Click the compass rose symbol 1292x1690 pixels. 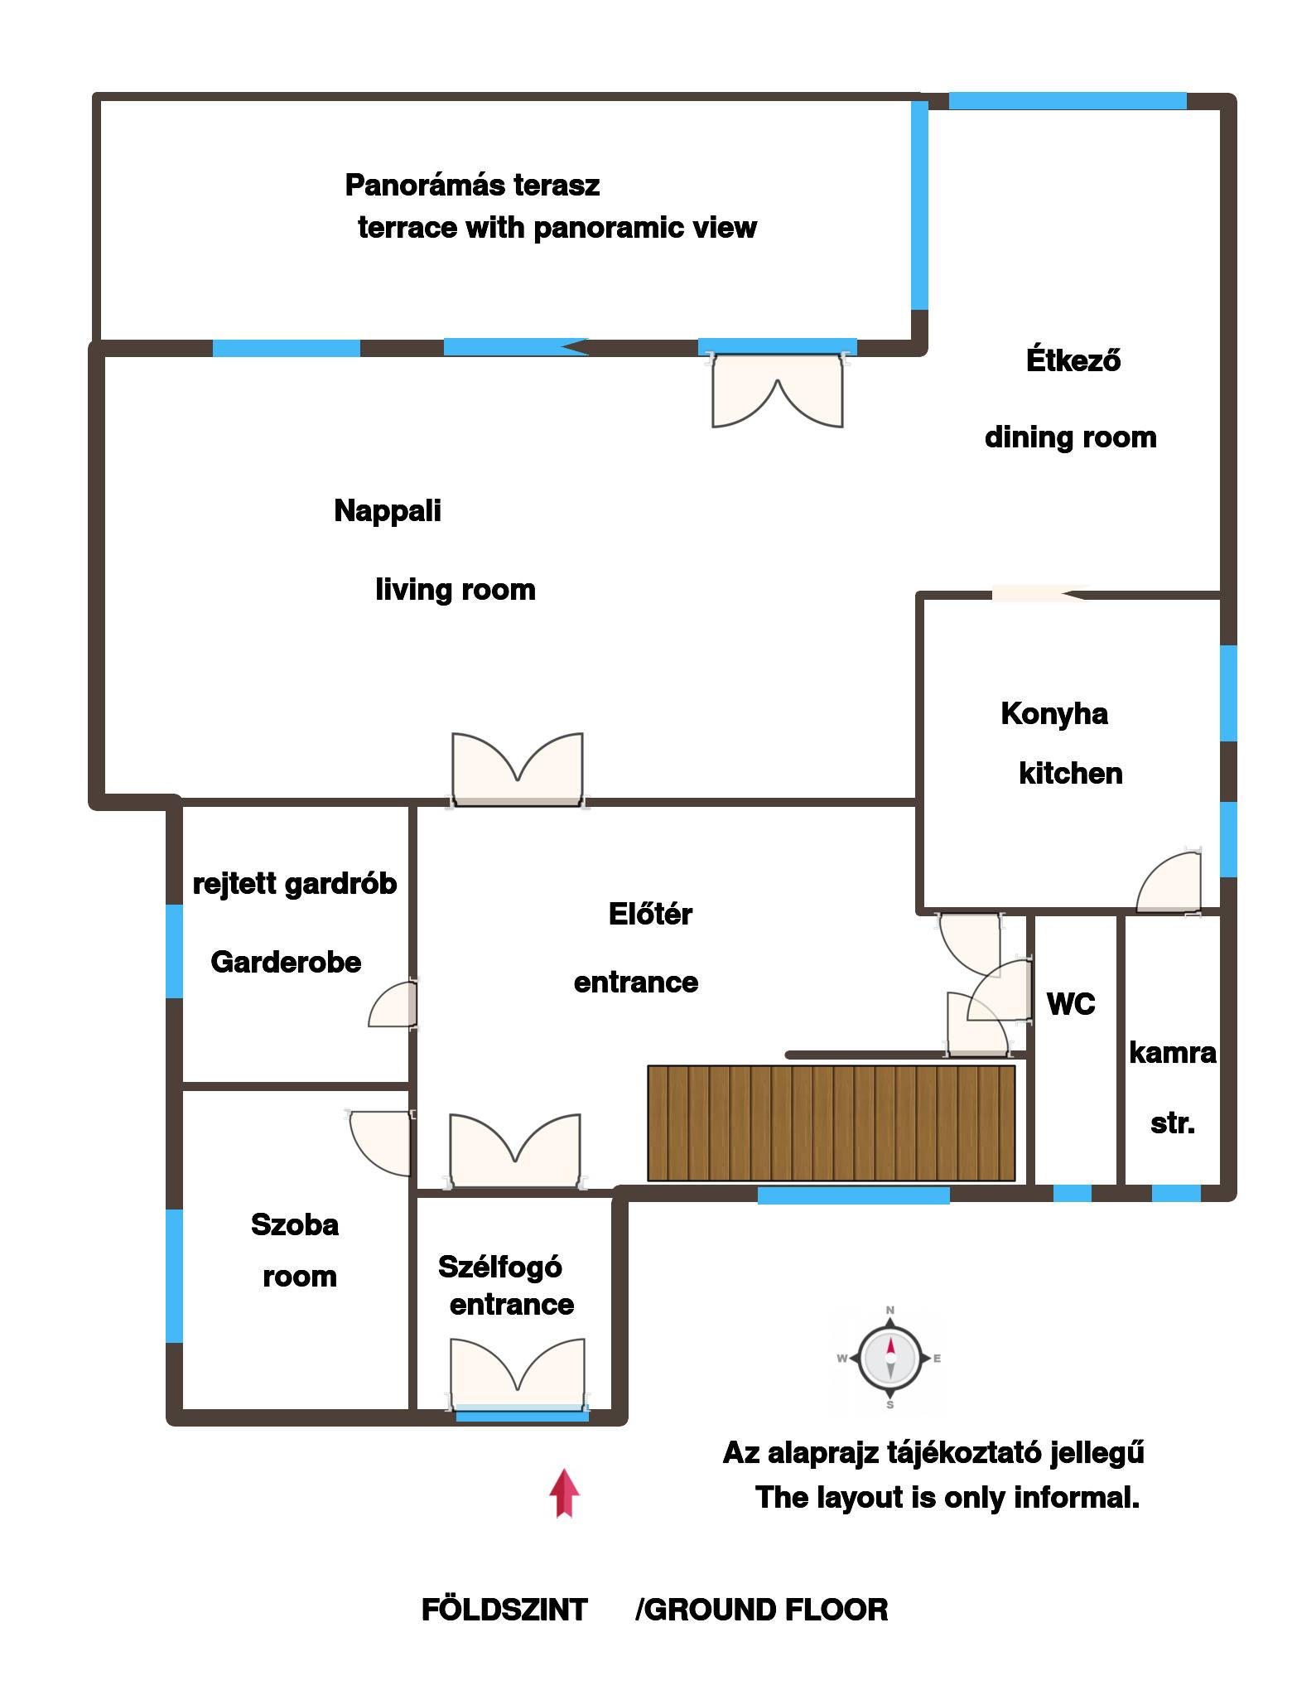tap(889, 1358)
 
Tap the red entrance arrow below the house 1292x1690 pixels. tap(564, 1493)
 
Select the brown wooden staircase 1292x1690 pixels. tap(831, 1123)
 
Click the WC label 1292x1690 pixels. tap(1071, 1004)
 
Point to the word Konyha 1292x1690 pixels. tap(1053, 713)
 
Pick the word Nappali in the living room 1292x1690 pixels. tap(388, 511)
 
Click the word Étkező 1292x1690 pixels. tap(1073, 360)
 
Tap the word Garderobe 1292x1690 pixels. tap(286, 962)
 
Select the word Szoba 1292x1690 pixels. tap(295, 1224)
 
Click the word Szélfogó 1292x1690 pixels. tap(500, 1267)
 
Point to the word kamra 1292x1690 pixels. tap(1173, 1053)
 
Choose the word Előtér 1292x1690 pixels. tap(650, 914)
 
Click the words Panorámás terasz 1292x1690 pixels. tap(472, 185)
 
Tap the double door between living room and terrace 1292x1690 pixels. tap(777, 389)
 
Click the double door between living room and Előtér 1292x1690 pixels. tap(518, 770)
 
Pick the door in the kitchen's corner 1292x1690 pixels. tap(1169, 883)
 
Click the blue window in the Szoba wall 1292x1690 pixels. tap(174, 1276)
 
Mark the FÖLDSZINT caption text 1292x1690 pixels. tap(504, 1610)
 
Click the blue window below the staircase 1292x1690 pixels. tap(853, 1195)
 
